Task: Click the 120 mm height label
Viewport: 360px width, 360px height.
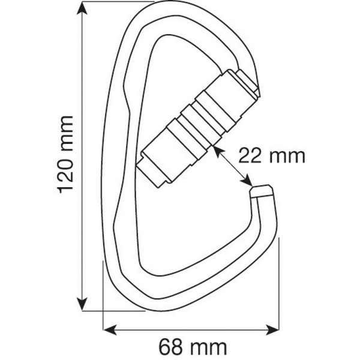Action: [x=66, y=155]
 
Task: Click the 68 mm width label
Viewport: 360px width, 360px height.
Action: [x=193, y=347]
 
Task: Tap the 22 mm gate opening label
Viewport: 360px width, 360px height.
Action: [x=272, y=157]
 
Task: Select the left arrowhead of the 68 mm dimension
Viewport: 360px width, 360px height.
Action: [x=110, y=329]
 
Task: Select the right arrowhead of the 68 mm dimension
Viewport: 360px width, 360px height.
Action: [x=272, y=329]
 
